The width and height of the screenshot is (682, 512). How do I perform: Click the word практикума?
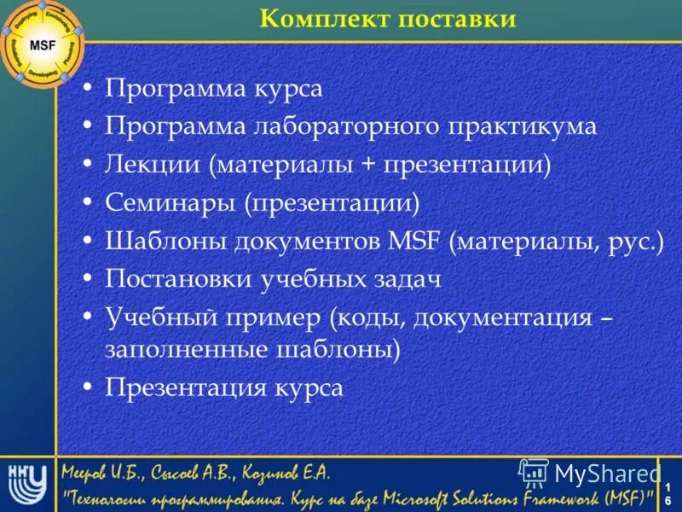click(x=523, y=126)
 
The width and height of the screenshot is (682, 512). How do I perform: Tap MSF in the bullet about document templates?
click(x=413, y=241)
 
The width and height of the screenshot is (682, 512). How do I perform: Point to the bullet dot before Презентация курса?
click(x=89, y=387)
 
